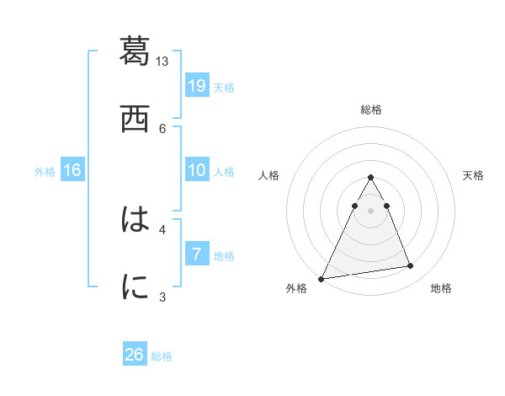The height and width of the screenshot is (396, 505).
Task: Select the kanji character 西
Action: point(135,118)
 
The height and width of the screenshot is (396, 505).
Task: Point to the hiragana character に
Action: point(135,286)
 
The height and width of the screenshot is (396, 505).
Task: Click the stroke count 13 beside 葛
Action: point(162,62)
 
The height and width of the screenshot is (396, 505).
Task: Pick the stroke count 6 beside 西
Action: point(162,128)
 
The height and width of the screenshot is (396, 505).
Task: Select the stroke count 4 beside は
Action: point(162,228)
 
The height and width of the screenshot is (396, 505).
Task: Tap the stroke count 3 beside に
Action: point(162,297)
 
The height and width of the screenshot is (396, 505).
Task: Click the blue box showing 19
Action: point(197,86)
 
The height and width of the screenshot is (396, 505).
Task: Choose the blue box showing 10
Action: point(197,170)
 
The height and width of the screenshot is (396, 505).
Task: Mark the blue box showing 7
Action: point(197,254)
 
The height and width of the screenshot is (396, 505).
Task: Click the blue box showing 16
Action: point(72,170)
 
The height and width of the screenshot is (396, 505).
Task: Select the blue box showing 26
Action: point(135,355)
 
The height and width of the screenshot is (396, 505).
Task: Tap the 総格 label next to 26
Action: point(162,356)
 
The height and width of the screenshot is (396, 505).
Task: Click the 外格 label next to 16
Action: point(45,172)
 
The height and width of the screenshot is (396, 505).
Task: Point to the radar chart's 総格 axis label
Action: point(370,110)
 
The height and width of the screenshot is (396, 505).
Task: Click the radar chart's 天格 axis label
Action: point(474,175)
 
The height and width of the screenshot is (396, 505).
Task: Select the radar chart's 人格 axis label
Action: point(268,175)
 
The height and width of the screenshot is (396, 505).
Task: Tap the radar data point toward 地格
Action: point(411,266)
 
